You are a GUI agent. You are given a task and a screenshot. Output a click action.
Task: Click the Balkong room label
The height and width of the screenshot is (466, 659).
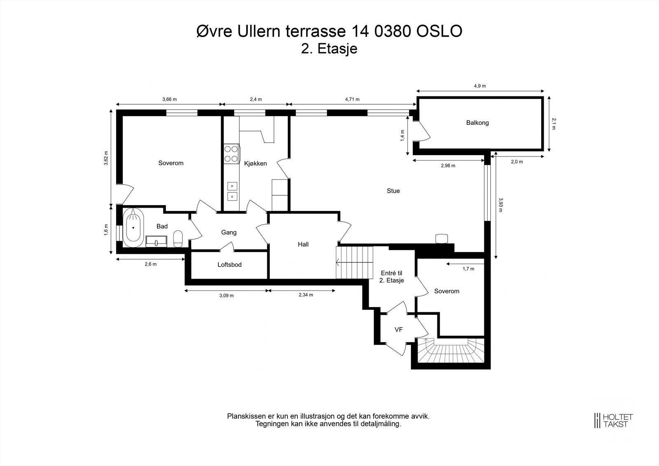tap(477, 123)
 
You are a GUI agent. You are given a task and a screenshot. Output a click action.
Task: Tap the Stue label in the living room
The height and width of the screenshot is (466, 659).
tap(393, 191)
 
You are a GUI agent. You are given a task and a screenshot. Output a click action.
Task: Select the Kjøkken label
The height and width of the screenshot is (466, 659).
tap(255, 164)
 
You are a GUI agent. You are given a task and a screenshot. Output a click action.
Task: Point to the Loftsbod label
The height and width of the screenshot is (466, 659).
tap(229, 265)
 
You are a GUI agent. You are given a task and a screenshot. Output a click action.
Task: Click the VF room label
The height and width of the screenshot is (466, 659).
tap(399, 330)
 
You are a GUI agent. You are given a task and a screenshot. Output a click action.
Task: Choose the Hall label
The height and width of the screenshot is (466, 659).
tap(303, 244)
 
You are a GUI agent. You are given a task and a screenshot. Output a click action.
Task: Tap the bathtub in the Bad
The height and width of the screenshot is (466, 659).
tap(133, 227)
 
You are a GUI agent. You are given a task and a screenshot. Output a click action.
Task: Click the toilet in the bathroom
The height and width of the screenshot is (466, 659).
tap(178, 239)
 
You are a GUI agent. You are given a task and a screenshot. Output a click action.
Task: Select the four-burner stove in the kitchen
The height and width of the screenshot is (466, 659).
tap(231, 154)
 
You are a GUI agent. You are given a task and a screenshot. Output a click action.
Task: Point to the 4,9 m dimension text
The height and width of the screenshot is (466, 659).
tap(480, 86)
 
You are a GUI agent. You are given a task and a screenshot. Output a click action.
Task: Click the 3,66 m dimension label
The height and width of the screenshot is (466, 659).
tap(169, 99)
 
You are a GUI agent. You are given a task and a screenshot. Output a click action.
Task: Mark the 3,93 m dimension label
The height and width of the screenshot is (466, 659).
tap(500, 205)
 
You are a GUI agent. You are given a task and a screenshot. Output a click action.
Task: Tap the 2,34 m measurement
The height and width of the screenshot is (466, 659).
tap(306, 295)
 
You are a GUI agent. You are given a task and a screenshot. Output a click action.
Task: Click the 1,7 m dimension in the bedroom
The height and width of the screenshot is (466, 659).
tap(468, 269)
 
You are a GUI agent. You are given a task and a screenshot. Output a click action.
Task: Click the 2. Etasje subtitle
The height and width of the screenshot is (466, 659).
tap(329, 49)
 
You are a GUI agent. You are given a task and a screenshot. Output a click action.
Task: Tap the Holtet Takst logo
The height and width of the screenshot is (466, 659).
tap(613, 420)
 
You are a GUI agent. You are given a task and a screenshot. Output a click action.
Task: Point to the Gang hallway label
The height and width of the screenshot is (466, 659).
tap(229, 232)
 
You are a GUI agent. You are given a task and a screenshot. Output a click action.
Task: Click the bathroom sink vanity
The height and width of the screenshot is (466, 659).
tap(157, 241)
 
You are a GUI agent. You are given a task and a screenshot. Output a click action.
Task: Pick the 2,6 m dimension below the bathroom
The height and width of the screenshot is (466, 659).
tap(151, 264)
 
